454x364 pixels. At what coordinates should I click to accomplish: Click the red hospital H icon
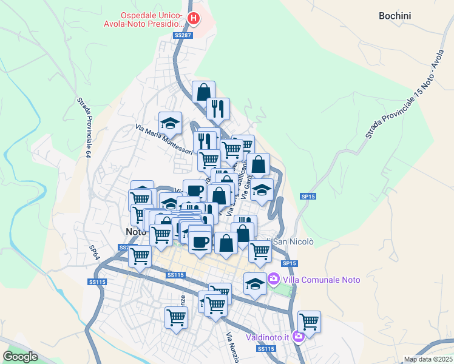click(193, 19)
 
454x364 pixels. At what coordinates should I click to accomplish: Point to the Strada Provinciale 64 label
click(84, 128)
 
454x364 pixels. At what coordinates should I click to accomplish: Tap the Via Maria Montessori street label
click(163, 139)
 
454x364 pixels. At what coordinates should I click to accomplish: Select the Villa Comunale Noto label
click(321, 280)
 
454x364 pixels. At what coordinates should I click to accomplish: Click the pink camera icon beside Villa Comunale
click(274, 279)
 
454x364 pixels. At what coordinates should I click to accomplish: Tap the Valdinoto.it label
click(268, 337)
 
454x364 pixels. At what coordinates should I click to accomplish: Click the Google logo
click(20, 356)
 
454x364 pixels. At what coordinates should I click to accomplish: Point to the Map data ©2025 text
click(427, 359)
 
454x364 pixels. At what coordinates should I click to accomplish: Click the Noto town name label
click(136, 232)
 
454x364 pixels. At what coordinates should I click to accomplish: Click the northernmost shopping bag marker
click(203, 91)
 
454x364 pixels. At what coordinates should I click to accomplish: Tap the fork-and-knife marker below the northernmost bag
click(218, 108)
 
